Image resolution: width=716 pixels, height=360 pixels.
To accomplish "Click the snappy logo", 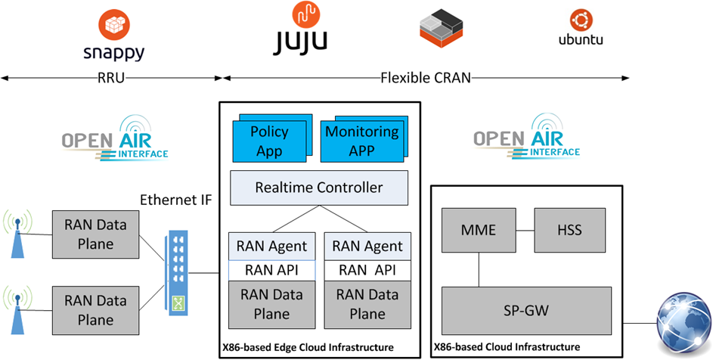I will coord(113,36).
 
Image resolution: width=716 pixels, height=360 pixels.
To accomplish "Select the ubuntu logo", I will coord(580,30).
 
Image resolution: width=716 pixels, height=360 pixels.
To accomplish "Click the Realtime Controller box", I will coord(319,188).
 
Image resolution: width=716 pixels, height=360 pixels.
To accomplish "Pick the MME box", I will coord(478,229).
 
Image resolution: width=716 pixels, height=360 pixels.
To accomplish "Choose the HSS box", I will coord(570,229).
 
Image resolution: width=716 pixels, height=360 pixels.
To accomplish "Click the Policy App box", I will coord(269,141).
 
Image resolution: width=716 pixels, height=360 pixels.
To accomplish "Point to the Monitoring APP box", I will coord(361,141).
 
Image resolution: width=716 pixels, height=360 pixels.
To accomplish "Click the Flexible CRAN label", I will coord(424,77).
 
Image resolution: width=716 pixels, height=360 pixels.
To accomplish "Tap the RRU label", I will coord(111,77).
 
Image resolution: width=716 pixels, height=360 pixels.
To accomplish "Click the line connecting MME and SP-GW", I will coord(478,269).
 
